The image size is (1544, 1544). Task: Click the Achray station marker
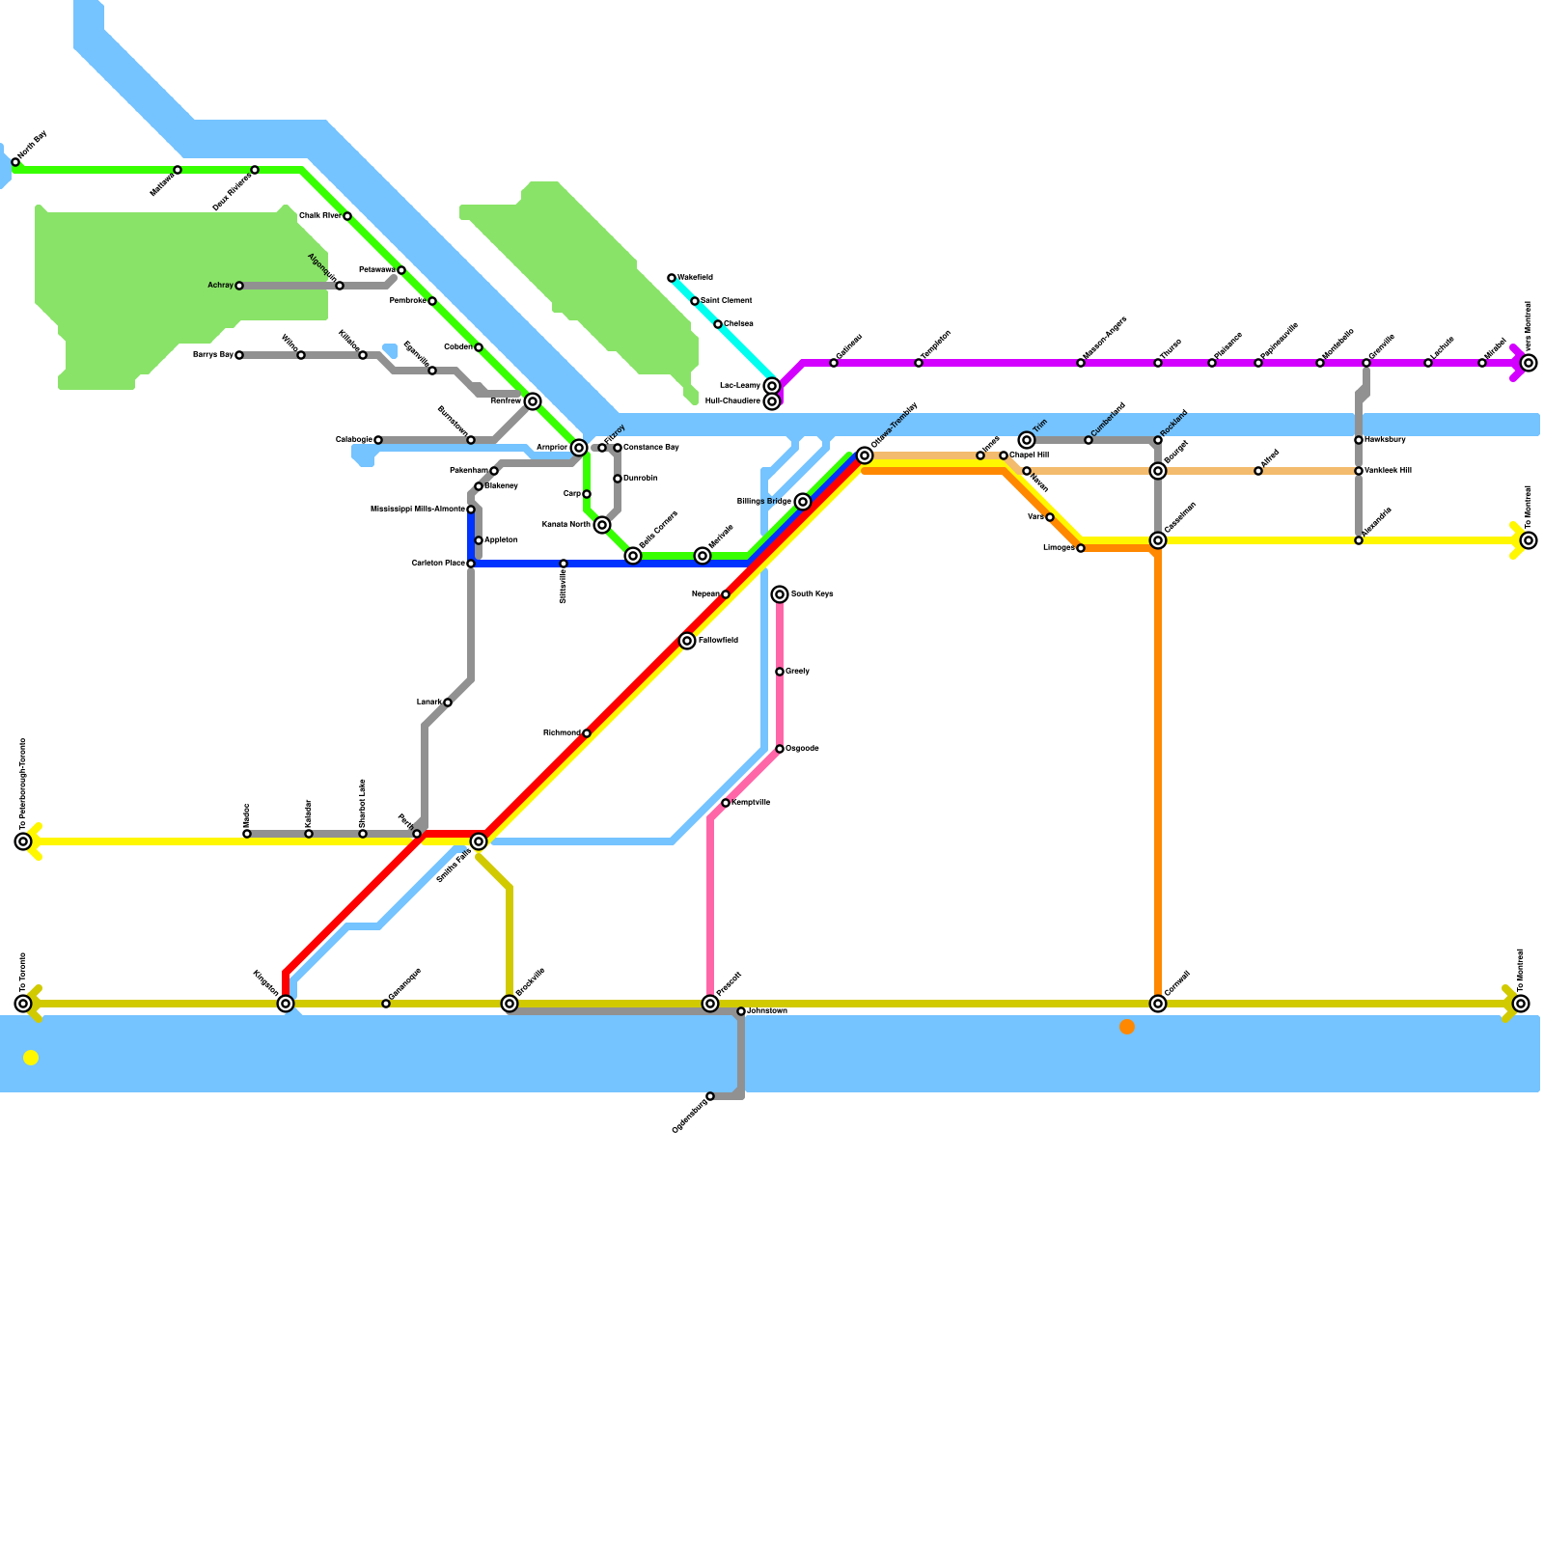[x=239, y=286]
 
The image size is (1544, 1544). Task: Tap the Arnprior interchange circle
[x=579, y=448]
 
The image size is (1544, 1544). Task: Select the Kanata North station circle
[x=602, y=525]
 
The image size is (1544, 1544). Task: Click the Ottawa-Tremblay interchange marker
[x=865, y=455]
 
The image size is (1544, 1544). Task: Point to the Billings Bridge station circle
[x=803, y=502]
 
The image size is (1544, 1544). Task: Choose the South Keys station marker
[x=780, y=594]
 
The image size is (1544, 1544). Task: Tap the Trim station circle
[x=1027, y=440]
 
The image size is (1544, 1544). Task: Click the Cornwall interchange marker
[x=1158, y=1004]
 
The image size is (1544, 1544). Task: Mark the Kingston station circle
[x=286, y=1004]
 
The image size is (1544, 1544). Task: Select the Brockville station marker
[x=510, y=1004]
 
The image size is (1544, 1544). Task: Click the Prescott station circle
[x=710, y=1004]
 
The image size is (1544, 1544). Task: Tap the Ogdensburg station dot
[x=710, y=1096]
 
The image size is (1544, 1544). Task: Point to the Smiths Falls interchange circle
[x=479, y=841]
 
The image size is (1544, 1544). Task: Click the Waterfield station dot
[x=672, y=278]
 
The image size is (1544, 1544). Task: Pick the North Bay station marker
[x=15, y=162]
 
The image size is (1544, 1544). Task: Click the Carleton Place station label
[x=438, y=564]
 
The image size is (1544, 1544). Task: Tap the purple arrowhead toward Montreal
[x=1517, y=363]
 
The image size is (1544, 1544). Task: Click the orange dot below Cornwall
[x=1127, y=1027]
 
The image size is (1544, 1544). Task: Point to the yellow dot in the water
[x=31, y=1058]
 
